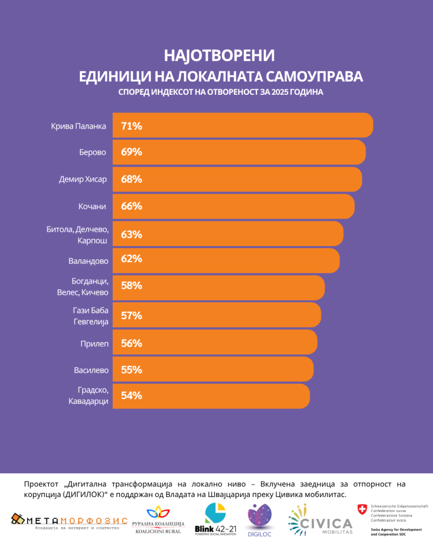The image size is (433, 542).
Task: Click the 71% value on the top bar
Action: click(132, 126)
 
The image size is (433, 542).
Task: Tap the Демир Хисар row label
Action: click(82, 179)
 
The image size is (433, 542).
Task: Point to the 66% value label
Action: click(132, 206)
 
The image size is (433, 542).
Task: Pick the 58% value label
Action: click(132, 286)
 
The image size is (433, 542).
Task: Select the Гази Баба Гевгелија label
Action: click(90, 316)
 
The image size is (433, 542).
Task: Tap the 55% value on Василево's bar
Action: click(132, 369)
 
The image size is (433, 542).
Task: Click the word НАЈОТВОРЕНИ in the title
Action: click(220, 56)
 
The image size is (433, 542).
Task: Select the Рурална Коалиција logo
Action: click(159, 520)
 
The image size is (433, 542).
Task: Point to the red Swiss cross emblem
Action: click(363, 509)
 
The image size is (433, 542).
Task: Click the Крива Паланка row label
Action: click(79, 126)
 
